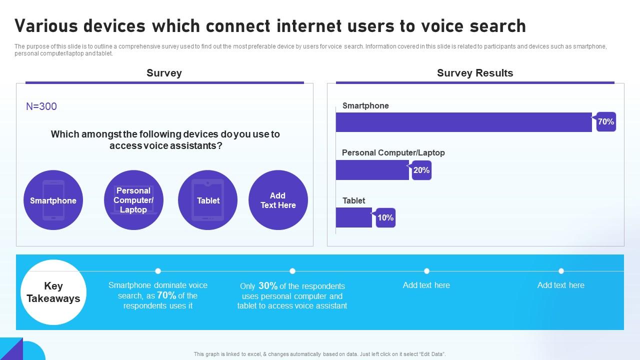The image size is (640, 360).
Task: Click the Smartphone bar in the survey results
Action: coord(463,122)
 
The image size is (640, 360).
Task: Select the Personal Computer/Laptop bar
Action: coord(372,170)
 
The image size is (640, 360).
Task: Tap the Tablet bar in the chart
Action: coord(353,217)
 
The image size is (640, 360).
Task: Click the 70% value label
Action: coord(606,121)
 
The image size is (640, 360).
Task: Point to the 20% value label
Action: coord(421,170)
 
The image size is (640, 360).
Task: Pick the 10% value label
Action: coord(385,217)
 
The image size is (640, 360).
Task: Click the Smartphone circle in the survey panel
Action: coord(53,200)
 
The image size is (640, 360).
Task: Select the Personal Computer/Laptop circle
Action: coord(133,200)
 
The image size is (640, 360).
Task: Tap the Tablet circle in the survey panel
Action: coord(208,200)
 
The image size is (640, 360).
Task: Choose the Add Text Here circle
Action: coord(278,200)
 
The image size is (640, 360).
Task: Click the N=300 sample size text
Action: coord(41,106)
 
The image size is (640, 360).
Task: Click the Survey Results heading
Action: coord(475,73)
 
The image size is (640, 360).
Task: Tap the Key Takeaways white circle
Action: coord(53,292)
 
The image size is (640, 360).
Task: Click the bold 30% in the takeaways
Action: coord(268,286)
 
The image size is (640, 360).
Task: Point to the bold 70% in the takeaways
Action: coord(166,295)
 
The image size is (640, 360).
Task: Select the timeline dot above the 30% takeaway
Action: coord(292,271)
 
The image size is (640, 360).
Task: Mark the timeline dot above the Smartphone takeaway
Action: coord(158,271)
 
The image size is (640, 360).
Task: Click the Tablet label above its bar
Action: coord(354,200)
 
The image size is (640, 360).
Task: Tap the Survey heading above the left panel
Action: coord(164,73)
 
